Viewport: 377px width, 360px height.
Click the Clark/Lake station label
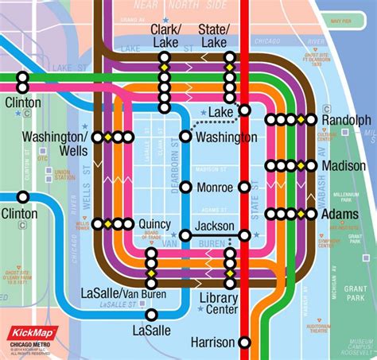click(x=165, y=35)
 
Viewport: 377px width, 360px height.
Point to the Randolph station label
click(x=346, y=120)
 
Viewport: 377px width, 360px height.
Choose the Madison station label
click(x=344, y=165)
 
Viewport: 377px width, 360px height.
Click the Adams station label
click(x=340, y=215)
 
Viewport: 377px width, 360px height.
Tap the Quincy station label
click(x=154, y=224)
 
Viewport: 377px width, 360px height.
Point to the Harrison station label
click(x=212, y=343)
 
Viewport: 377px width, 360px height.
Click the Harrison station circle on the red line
click(x=245, y=343)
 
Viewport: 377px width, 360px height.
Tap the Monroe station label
click(x=216, y=188)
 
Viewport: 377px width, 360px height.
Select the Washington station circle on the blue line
click(x=185, y=137)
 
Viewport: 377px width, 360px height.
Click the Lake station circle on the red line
click(x=245, y=110)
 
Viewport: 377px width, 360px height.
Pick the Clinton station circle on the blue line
click(x=23, y=197)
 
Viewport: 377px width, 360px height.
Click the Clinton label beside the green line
click(x=22, y=103)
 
